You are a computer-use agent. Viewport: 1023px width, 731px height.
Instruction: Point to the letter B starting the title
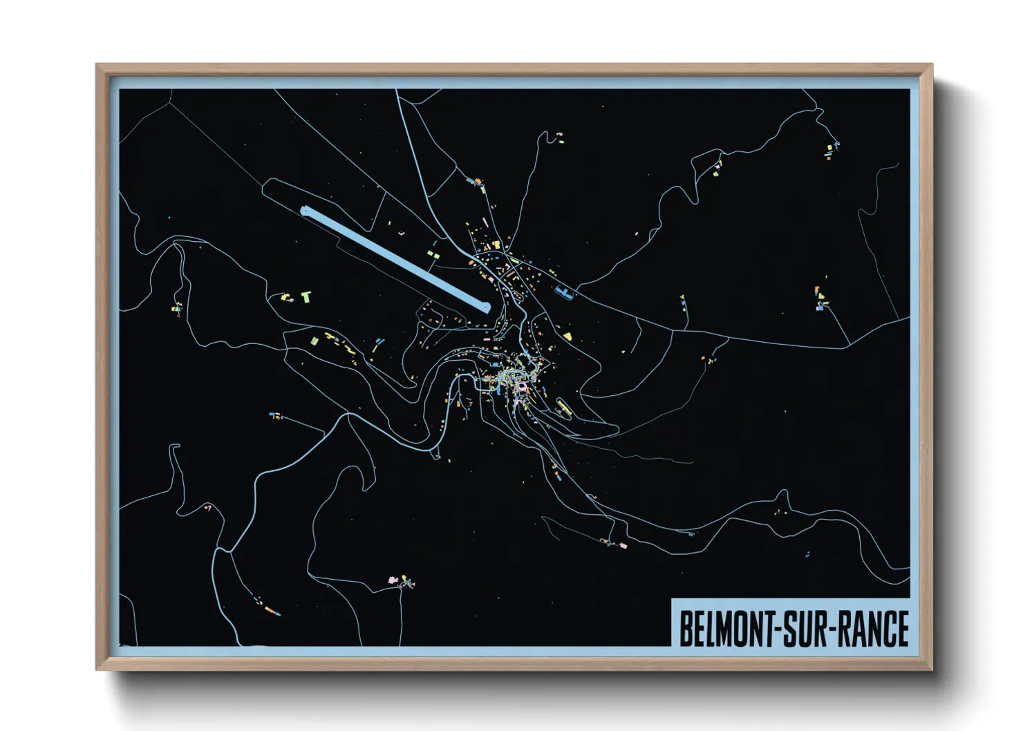(x=686, y=629)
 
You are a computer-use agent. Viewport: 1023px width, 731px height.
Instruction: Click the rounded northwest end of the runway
(x=305, y=211)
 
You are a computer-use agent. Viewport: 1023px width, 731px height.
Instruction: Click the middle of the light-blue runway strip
(x=395, y=258)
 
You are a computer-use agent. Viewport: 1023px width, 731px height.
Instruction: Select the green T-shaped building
(x=306, y=297)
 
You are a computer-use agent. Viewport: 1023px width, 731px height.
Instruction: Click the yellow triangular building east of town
(x=567, y=336)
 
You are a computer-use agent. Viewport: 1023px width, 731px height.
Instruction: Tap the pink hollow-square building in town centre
(x=522, y=388)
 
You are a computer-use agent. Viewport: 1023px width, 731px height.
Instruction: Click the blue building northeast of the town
(x=565, y=294)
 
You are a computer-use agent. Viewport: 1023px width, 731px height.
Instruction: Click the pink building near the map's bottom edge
(x=393, y=578)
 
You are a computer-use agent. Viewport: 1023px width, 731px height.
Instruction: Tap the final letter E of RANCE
(x=901, y=629)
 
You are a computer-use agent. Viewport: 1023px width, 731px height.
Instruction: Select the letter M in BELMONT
(x=727, y=629)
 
